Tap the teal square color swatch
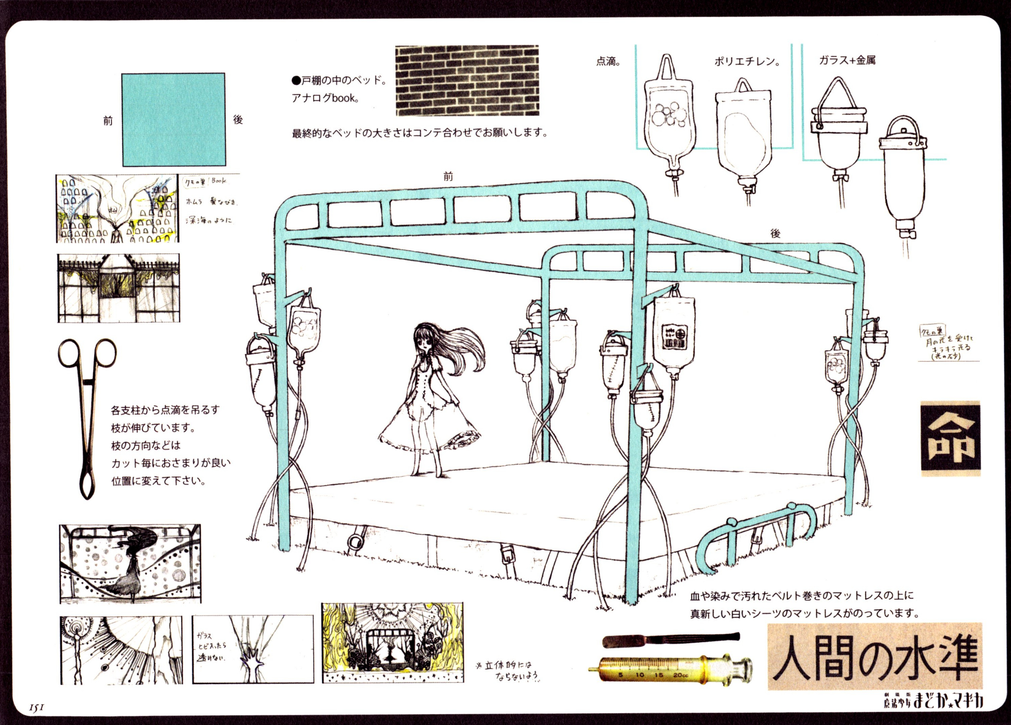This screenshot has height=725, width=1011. point(174,120)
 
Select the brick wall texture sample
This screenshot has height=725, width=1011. point(467,80)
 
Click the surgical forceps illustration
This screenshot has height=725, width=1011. point(87,415)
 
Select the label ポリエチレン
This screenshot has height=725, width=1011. point(747,62)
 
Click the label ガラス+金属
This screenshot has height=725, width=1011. point(847,60)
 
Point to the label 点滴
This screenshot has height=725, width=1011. point(609,62)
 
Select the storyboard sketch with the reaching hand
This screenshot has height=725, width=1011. point(253,650)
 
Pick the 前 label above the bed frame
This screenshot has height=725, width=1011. point(448,177)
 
